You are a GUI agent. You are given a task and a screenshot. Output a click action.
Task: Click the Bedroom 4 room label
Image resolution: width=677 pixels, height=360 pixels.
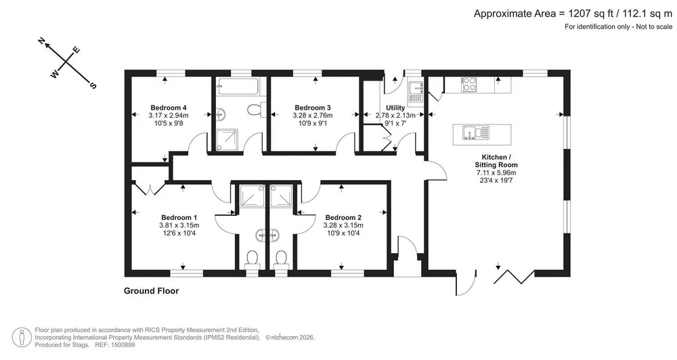(x=169, y=108)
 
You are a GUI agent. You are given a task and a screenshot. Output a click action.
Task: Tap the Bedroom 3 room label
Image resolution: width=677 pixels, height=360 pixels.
(x=313, y=108)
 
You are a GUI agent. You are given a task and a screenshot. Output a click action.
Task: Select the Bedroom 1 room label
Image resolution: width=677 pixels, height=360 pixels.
(x=179, y=218)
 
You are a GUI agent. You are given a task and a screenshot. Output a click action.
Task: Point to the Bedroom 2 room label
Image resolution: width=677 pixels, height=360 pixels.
(x=343, y=218)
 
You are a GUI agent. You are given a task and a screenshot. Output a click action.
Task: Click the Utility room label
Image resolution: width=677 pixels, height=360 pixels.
(x=395, y=108)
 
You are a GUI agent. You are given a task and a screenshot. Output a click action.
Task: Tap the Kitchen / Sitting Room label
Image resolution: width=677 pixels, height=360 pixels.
(x=496, y=161)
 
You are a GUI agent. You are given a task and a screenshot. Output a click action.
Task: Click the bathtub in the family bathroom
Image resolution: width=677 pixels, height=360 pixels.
(x=238, y=87)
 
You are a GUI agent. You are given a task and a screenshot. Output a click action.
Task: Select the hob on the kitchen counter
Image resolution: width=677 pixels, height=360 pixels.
(x=468, y=84)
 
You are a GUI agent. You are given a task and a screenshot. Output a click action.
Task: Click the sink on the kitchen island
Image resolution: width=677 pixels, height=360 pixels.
(x=476, y=133)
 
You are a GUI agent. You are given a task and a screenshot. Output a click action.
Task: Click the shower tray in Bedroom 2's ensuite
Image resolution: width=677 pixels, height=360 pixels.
(x=282, y=196)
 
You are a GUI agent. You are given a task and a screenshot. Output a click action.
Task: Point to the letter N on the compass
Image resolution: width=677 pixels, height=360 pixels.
(x=42, y=41)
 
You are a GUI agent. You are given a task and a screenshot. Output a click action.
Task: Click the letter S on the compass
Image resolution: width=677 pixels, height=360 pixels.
(x=92, y=85)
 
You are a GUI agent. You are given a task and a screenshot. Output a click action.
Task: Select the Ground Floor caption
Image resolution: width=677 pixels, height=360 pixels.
(x=151, y=291)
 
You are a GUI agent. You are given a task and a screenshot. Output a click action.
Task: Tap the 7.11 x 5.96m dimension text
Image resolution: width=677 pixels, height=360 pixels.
(x=496, y=173)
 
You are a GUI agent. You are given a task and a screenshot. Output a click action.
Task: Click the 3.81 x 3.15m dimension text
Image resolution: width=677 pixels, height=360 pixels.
(x=179, y=225)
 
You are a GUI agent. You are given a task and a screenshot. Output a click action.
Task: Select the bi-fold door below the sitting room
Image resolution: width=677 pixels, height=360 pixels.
(x=515, y=277)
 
